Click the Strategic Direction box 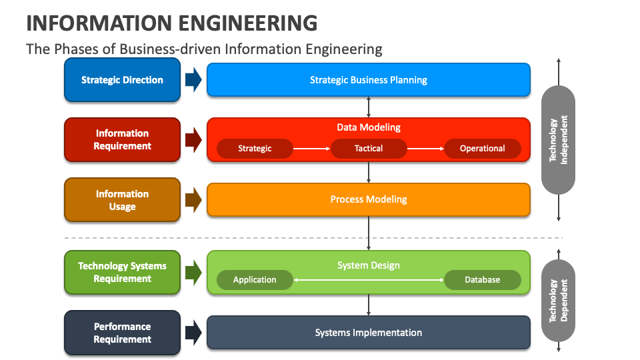pyautogui.click(x=122, y=80)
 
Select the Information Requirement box pyautogui.click(x=122, y=140)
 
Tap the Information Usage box pyautogui.click(x=122, y=200)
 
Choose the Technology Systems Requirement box pyautogui.click(x=122, y=272)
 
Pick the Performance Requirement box pyautogui.click(x=122, y=333)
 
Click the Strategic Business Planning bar pyautogui.click(x=369, y=80)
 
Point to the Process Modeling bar pyautogui.click(x=369, y=199)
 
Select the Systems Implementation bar pyautogui.click(x=369, y=333)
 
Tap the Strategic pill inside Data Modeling pyautogui.click(x=255, y=149)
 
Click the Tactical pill pyautogui.click(x=369, y=149)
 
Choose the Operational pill pyautogui.click(x=482, y=149)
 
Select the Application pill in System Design pyautogui.click(x=255, y=280)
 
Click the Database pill pyautogui.click(x=482, y=280)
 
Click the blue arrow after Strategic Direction pyautogui.click(x=193, y=80)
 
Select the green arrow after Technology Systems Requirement pyautogui.click(x=193, y=272)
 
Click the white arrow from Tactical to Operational pyautogui.click(x=425, y=149)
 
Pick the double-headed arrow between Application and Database pyautogui.click(x=369, y=280)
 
